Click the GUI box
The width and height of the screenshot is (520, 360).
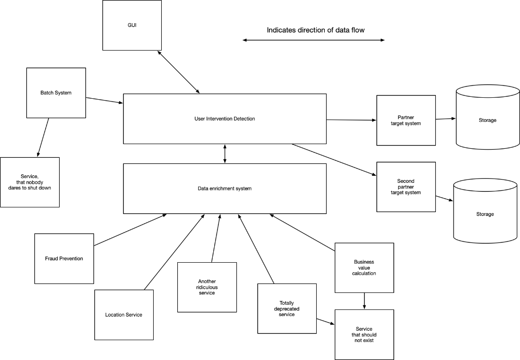coord(132,25)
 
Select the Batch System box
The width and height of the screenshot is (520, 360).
coord(56,93)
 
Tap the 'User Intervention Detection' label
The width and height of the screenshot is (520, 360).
coord(225,119)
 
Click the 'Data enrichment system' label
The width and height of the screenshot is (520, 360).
coord(225,189)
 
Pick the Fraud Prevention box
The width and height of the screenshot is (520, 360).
coord(64,258)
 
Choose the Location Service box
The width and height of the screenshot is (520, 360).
coord(124,315)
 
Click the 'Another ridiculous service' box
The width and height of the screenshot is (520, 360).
coord(207,287)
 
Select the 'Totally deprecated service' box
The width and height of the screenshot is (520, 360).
coord(287,309)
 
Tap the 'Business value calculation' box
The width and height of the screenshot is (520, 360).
coord(364,268)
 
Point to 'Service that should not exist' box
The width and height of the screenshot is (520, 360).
coord(364,334)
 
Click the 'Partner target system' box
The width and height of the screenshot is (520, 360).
coord(406,120)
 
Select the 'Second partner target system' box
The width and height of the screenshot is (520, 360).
coord(406,187)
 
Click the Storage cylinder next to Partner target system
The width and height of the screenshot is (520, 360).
coord(487,120)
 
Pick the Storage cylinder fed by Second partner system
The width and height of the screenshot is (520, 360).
coord(485,214)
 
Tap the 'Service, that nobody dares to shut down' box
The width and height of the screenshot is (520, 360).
coord(30,182)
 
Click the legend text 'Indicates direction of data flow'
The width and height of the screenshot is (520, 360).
coord(316,30)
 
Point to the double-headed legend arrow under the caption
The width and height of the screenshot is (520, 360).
coord(313,41)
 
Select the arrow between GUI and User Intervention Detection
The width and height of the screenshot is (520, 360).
coord(179,71)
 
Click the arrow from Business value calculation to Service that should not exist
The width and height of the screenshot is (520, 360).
coord(364,301)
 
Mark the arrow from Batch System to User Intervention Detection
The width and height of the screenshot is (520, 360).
coord(104,100)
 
